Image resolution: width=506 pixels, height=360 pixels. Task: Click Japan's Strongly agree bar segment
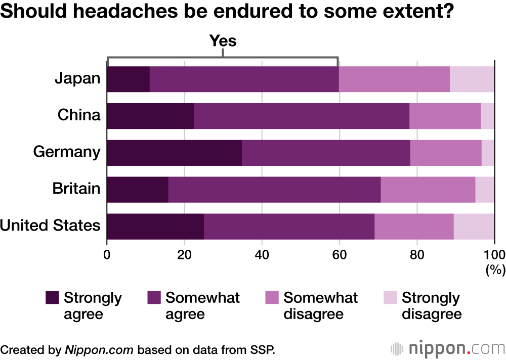[129, 79]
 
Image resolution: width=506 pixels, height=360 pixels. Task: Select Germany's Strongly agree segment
[175, 153]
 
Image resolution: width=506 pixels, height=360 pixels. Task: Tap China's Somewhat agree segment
[302, 116]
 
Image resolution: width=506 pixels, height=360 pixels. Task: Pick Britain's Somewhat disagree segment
[428, 190]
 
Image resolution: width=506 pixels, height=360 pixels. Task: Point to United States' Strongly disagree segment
[474, 227]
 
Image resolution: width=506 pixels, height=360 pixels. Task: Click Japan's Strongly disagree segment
[472, 79]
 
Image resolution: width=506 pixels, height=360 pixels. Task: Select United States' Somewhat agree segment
[289, 227]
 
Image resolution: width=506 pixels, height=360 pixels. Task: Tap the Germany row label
[67, 152]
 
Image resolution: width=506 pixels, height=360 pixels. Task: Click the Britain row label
[76, 189]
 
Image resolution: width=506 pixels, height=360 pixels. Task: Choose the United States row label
[51, 226]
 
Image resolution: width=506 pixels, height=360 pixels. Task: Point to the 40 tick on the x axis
[262, 254]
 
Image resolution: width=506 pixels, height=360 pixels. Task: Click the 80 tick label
[416, 254]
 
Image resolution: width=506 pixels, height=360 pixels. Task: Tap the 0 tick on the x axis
[107, 254]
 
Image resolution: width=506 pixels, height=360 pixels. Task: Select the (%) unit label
[495, 270]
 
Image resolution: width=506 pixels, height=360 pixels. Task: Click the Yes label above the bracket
[223, 40]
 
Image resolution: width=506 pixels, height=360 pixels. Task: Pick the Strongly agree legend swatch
[52, 298]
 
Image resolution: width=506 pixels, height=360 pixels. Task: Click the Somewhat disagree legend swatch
[272, 298]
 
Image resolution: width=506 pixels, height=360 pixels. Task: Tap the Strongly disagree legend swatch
[391, 298]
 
